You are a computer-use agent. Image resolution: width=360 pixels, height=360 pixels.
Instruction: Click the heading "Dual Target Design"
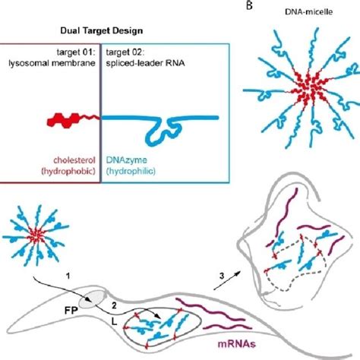pyautogui.click(x=102, y=31)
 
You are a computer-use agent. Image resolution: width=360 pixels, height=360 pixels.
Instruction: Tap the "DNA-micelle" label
pyautogui.click(x=308, y=11)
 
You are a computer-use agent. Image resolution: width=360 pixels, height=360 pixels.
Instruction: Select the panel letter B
pyautogui.click(x=249, y=5)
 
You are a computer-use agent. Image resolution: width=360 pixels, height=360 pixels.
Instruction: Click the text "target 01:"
pyautogui.click(x=76, y=52)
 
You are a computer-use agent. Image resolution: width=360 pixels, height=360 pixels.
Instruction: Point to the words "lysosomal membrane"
pyautogui.click(x=52, y=63)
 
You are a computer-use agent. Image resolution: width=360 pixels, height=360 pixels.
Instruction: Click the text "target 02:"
pyautogui.click(x=125, y=52)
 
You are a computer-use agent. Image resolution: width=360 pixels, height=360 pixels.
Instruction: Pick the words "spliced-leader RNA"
pyautogui.click(x=145, y=63)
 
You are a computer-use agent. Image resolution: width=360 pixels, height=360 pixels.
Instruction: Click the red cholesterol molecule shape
pyautogui.click(x=74, y=120)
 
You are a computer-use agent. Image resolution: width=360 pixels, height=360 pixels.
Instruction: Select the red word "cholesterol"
pyautogui.click(x=74, y=160)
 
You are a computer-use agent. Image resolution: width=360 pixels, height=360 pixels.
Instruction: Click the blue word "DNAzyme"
pyautogui.click(x=127, y=160)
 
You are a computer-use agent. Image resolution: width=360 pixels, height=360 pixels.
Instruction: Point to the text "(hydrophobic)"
pyautogui.click(x=68, y=172)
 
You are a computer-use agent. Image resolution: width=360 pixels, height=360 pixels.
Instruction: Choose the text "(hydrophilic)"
pyautogui.click(x=131, y=172)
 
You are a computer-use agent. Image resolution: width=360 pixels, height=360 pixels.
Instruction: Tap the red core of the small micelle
pyautogui.click(x=36, y=235)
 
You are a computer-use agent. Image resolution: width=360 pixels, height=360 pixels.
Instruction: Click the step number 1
pyautogui.click(x=68, y=276)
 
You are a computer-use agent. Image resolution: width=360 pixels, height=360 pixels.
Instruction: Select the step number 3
pyautogui.click(x=222, y=276)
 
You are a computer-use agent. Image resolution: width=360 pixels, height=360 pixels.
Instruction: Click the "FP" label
pyautogui.click(x=71, y=311)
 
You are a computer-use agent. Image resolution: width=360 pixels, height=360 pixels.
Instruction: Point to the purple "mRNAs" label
pyautogui.click(x=237, y=344)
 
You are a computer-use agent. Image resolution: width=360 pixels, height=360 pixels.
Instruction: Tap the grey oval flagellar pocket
pyautogui.click(x=92, y=299)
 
